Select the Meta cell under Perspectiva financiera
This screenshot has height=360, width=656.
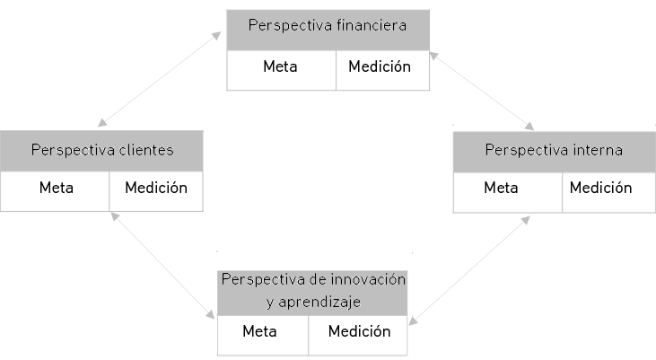point(281,67)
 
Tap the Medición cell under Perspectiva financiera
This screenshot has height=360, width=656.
point(380,67)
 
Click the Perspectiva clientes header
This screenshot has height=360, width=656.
point(101,150)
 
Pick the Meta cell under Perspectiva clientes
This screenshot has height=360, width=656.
point(56,189)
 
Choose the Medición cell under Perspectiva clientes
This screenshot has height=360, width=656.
point(156,189)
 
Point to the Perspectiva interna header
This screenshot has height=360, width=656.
point(554,150)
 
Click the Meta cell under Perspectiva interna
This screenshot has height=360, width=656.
point(501,189)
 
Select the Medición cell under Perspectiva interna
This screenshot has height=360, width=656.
point(601,189)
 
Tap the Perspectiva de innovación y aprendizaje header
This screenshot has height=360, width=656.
point(312,289)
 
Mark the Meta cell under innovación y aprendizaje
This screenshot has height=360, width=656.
point(259,331)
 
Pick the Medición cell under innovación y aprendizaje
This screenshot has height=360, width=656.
point(359,331)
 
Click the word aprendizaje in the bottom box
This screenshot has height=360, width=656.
point(321,301)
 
